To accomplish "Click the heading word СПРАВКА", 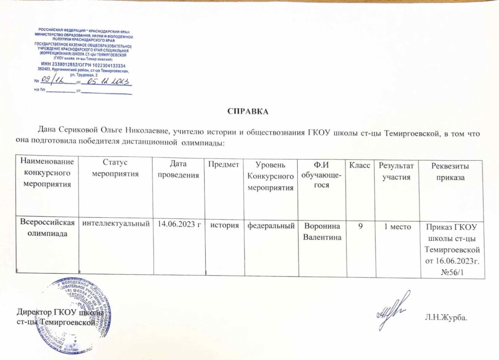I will click(248, 111).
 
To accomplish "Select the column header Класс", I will click(360, 166).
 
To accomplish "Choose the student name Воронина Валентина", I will click(322, 230).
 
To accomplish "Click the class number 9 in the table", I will click(360, 225).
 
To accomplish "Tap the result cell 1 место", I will click(397, 225).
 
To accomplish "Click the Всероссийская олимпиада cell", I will click(47, 228).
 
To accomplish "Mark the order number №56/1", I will click(451, 271).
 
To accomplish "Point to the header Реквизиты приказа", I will click(451, 172).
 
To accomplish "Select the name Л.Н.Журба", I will click(446, 318).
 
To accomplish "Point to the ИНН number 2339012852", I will click(68, 65).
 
